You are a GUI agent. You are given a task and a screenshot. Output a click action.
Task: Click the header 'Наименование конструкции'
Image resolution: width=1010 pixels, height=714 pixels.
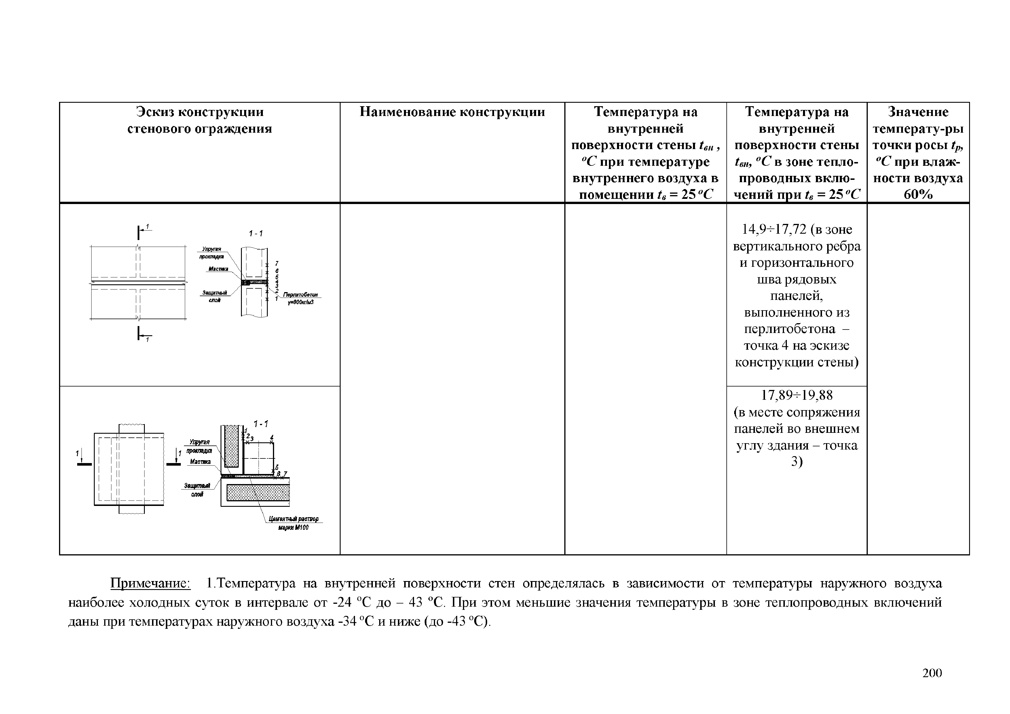coord(452,112)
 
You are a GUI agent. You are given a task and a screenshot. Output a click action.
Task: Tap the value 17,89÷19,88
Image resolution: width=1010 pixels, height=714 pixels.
coord(797,395)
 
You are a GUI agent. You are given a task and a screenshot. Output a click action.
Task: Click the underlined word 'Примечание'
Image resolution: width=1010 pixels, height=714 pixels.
coord(150,583)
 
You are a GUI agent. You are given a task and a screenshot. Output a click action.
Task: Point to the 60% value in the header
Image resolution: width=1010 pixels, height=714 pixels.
coord(918,194)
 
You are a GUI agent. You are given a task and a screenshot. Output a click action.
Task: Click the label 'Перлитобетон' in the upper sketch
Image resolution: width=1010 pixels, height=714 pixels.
coord(301,295)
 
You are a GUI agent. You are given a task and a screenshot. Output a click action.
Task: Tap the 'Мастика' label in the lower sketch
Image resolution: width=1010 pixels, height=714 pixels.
coord(200,462)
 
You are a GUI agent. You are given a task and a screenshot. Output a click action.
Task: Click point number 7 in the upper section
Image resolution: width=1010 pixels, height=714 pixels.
coord(277,263)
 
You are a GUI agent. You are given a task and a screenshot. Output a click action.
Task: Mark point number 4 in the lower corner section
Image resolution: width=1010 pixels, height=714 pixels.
coord(272,437)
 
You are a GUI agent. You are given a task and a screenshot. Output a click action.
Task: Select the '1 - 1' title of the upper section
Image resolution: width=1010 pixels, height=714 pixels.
coord(256,233)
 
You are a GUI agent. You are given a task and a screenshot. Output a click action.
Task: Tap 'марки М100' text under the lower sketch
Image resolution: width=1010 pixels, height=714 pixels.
coord(293,527)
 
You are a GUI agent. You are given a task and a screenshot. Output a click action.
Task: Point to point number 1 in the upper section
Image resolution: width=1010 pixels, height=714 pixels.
coord(276,299)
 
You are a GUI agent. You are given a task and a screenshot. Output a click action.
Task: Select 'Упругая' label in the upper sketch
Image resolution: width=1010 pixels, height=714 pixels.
coord(212,249)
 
